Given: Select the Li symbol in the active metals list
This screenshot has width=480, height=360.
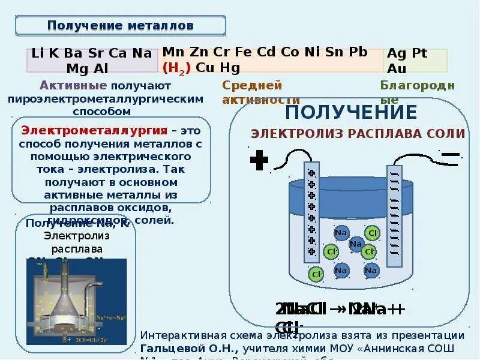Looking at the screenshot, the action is click(x=37, y=53).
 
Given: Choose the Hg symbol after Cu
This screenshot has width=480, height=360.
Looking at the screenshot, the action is click(x=230, y=67).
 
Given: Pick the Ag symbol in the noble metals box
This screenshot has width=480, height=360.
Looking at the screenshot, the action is click(x=396, y=53).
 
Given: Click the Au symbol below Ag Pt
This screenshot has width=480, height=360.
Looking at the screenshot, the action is click(x=397, y=68).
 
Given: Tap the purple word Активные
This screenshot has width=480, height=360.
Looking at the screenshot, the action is click(x=74, y=85).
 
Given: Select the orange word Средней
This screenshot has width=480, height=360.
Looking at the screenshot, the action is click(x=252, y=85).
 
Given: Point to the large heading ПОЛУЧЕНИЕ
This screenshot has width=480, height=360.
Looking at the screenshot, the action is click(x=351, y=112).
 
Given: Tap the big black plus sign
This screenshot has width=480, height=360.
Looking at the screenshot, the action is click(x=259, y=160).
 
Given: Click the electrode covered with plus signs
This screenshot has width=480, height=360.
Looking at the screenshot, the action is click(x=311, y=213).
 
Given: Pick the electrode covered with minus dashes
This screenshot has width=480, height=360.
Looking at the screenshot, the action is click(x=394, y=216).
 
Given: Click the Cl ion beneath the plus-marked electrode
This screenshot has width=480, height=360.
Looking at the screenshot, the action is click(x=316, y=274).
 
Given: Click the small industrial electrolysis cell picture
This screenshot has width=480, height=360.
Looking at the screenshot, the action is click(x=76, y=296).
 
